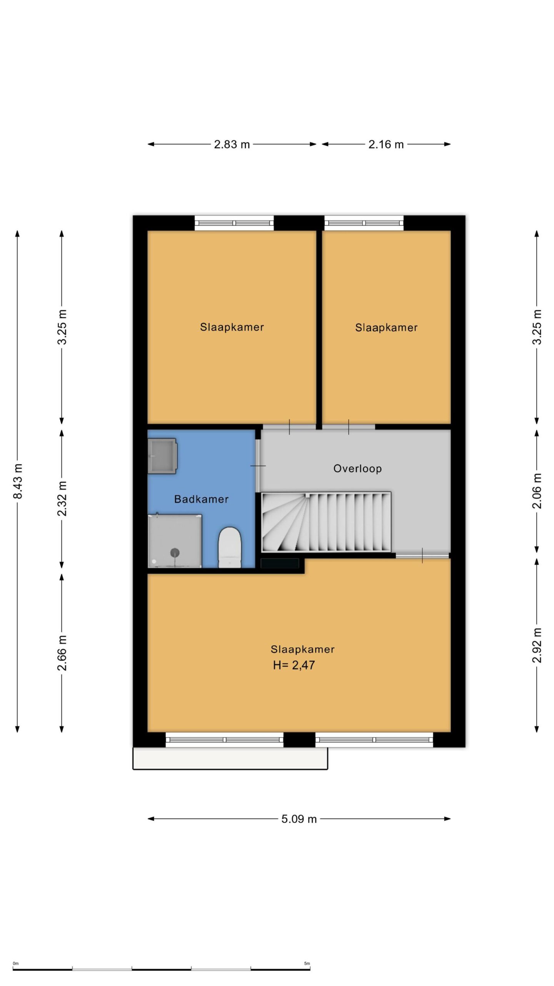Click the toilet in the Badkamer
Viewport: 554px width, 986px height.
[x=230, y=547]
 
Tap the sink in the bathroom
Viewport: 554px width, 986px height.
[x=162, y=456]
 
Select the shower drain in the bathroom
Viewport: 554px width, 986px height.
[x=175, y=553]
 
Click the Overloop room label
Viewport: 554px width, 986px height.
[x=357, y=468]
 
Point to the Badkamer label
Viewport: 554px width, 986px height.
[x=201, y=499]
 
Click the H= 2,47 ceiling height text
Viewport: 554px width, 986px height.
[x=294, y=665]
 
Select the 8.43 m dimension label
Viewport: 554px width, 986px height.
[x=18, y=481]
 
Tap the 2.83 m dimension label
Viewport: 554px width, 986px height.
[x=232, y=144]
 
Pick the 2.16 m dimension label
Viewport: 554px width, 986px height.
[x=386, y=144]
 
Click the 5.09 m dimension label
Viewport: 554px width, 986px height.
[x=299, y=819]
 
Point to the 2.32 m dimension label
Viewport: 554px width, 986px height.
[x=62, y=498]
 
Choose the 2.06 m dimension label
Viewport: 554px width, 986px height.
[x=537, y=491]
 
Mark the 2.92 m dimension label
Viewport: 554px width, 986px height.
[x=537, y=645]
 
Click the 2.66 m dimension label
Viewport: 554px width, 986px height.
[x=62, y=653]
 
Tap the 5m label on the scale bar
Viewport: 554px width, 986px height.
[x=307, y=964]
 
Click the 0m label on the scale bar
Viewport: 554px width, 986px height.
[x=16, y=964]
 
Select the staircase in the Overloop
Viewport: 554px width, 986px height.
[x=326, y=522]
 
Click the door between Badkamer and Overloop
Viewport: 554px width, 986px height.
[x=258, y=466]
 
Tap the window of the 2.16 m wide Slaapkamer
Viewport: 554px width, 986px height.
[x=364, y=223]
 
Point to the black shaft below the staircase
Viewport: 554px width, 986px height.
[x=280, y=563]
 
